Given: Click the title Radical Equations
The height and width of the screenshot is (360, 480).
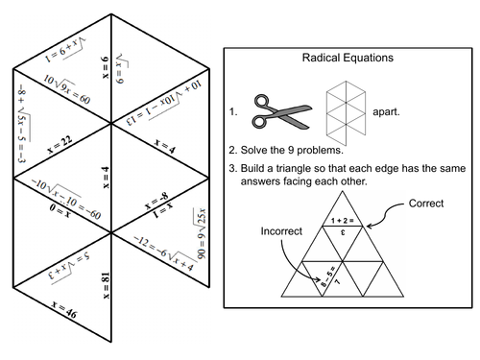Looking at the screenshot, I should pyautogui.click(x=350, y=59).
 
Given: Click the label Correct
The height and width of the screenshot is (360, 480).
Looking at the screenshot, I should pyautogui.click(x=424, y=204).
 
